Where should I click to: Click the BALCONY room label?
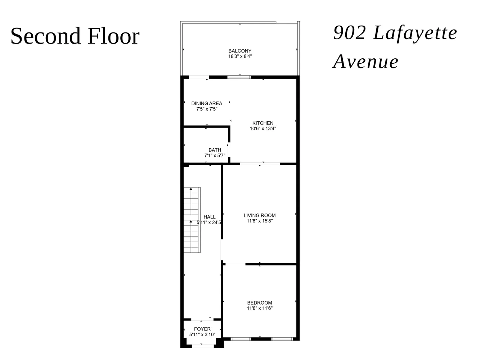click(240, 51)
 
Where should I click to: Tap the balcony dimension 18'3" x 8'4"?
click(240, 57)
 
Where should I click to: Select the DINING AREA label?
click(207, 103)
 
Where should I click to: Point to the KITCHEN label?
click(263, 123)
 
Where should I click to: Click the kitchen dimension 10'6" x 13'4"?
click(263, 129)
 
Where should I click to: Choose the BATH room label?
click(215, 150)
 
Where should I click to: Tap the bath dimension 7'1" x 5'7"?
click(215, 156)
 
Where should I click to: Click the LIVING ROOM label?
click(260, 216)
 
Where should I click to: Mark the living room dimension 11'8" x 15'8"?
click(260, 221)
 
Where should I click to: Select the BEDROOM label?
click(260, 303)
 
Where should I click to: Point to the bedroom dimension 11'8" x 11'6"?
click(260, 308)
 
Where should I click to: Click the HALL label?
click(210, 217)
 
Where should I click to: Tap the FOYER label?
click(202, 329)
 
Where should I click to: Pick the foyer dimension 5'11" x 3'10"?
click(202, 334)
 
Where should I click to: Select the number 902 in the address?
click(349, 33)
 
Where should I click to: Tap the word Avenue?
click(366, 62)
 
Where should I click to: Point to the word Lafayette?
click(415, 33)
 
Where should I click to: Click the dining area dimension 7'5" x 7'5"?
click(207, 109)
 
